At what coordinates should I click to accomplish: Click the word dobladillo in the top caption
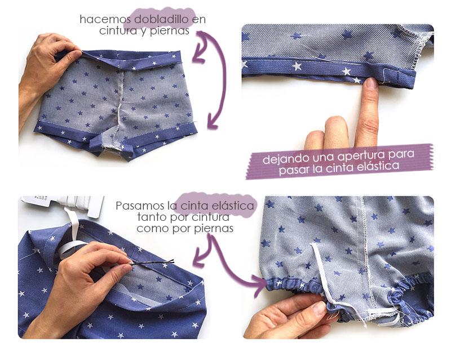coord(161,19)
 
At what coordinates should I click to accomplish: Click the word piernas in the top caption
coord(170,31)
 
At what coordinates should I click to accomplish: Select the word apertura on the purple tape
coord(361,155)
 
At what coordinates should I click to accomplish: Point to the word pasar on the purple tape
coord(293,170)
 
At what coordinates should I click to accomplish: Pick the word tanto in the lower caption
coord(151,217)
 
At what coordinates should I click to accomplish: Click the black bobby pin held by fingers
coord(152,262)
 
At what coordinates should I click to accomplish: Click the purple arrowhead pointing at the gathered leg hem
coord(260,282)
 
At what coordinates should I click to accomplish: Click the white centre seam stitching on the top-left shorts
coord(119,109)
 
